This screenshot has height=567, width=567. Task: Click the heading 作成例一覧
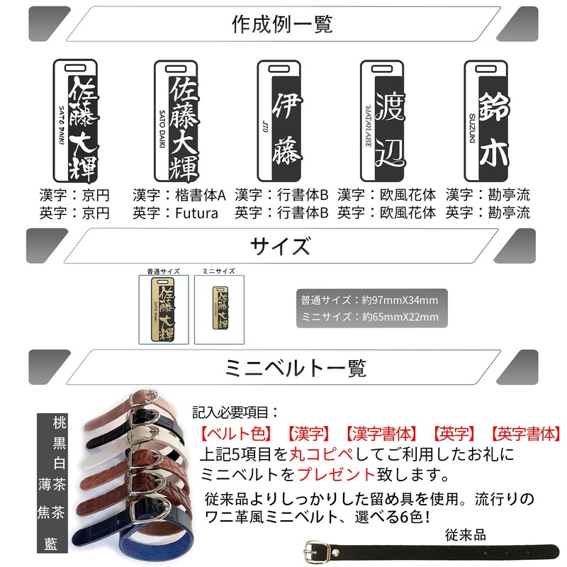(282, 24)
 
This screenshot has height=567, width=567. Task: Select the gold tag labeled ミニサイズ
(218, 309)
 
